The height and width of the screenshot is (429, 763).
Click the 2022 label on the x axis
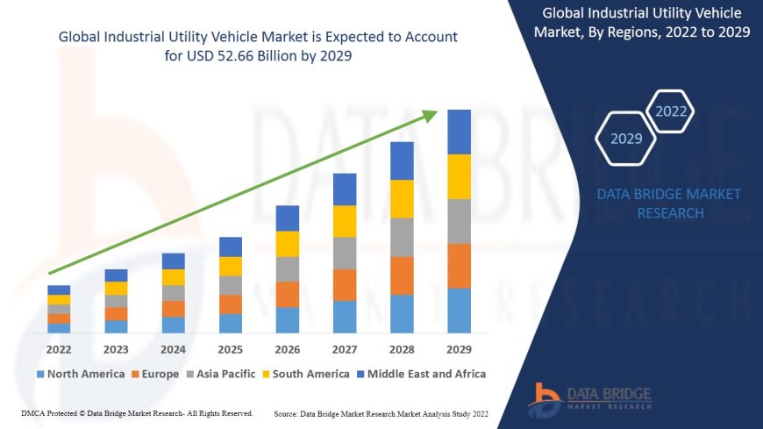point(59,349)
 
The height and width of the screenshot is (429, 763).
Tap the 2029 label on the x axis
point(459,349)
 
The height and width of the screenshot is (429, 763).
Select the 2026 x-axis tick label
point(288,349)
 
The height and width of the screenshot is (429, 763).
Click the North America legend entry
point(81,374)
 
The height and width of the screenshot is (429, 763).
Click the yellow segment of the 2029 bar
point(459,176)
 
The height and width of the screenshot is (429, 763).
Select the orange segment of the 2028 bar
point(402,275)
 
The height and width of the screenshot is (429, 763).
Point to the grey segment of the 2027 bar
point(345,253)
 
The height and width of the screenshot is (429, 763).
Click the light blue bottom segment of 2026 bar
point(288,319)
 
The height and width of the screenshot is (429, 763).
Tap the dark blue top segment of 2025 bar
point(231,247)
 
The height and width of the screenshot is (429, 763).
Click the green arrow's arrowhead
point(429,116)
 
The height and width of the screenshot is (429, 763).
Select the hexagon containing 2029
point(626,139)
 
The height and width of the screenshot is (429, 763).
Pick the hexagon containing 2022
point(671,111)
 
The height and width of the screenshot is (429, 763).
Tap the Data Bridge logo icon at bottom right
point(544,400)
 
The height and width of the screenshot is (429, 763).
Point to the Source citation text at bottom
point(381,412)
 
